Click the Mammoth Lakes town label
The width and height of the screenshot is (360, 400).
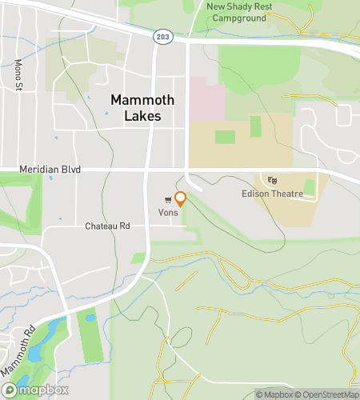(x=135, y=108)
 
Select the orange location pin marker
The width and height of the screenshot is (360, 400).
(x=181, y=199)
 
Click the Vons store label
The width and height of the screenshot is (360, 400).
(x=167, y=212)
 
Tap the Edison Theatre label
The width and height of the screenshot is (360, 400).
(x=272, y=194)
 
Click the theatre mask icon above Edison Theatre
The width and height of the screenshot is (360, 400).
(x=272, y=181)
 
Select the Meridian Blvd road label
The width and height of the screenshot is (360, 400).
(x=51, y=170)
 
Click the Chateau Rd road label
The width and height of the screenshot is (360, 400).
(x=107, y=226)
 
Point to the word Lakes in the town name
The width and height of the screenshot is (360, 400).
(x=135, y=116)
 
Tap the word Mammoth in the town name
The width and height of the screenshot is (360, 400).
(x=135, y=100)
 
